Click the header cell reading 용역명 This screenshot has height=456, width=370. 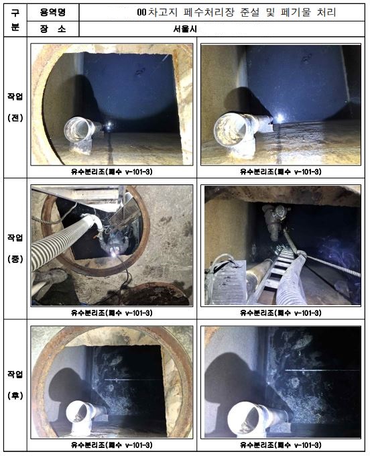pos(53,12)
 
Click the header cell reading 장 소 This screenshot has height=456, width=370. pos(53,29)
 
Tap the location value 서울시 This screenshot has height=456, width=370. pos(185,29)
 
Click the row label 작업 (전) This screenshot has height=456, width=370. pos(15,107)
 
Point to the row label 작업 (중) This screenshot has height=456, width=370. pos(15,248)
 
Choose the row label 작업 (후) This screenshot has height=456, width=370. pos(15,384)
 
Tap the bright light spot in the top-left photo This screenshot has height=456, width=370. pos(109,125)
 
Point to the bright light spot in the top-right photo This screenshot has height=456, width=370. pos(280,118)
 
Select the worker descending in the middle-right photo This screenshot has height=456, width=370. pos(275,221)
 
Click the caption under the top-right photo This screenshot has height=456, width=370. pos(280,172)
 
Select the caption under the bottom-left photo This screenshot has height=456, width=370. pos(112,445)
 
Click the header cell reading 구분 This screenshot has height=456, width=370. pos(15,20)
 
